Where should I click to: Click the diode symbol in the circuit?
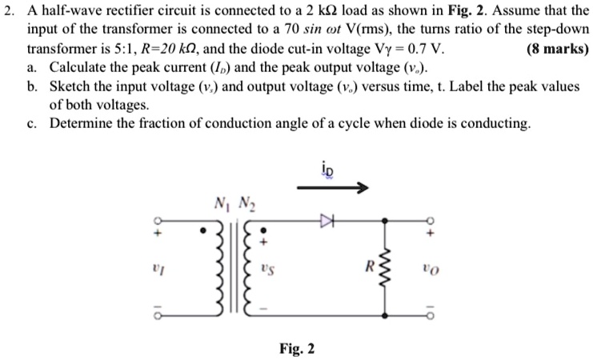[x=326, y=218]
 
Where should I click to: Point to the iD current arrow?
[x=332, y=189]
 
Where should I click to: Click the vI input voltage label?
[x=158, y=265]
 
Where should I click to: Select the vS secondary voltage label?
[x=270, y=266]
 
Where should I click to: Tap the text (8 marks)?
[x=557, y=48]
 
